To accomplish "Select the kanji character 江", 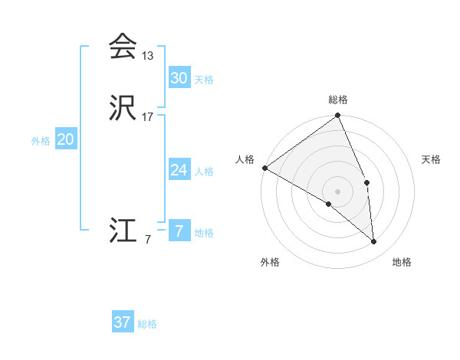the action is tap(122, 231).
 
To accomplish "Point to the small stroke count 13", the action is tap(148, 56).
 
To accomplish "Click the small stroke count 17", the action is tap(148, 117).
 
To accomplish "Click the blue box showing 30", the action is tap(179, 77).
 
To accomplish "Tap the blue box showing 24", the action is tap(179, 170).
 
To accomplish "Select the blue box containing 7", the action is tap(179, 231).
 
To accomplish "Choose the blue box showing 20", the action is tap(66, 139).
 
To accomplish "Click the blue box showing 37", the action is tap(122, 322).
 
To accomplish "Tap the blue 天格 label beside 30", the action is tap(204, 80).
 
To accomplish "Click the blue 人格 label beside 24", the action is tap(204, 172).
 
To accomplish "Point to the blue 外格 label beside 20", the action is tap(41, 141).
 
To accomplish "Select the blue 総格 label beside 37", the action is tap(147, 324).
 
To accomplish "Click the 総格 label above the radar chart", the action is tap(338, 100).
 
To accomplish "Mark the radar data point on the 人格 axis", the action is tap(264, 168).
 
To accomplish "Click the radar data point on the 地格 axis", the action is tap(374, 242).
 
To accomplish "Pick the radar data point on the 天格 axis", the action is tap(367, 182).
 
